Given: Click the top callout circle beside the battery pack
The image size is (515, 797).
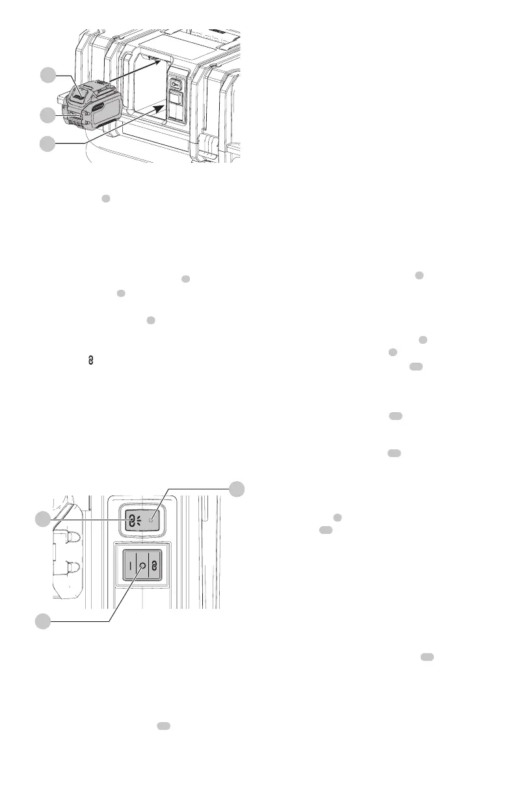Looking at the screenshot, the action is [46, 76].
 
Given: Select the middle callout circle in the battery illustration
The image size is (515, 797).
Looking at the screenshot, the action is [46, 115].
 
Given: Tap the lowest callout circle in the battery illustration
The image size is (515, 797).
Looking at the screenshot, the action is [46, 144].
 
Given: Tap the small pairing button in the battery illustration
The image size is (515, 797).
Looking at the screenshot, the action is [176, 85].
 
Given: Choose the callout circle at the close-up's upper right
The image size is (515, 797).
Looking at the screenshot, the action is [239, 490].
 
